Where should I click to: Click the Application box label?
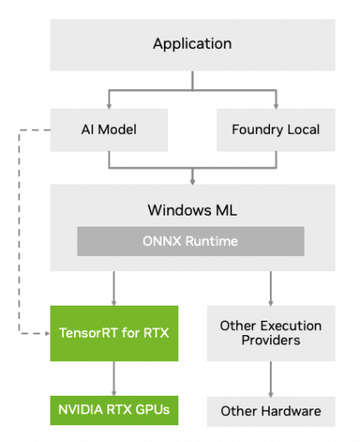click(193, 44)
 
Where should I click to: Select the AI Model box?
click(109, 130)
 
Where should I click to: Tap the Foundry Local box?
click(276, 130)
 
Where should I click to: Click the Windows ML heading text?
click(193, 210)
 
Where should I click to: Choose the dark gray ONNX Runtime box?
click(191, 242)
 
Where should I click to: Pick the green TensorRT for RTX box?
click(114, 333)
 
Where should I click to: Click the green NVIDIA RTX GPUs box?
click(114, 410)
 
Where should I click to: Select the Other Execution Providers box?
click(271, 333)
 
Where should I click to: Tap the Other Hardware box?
click(271, 412)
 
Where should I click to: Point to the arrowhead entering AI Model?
click(109, 106)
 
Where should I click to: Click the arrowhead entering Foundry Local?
click(276, 106)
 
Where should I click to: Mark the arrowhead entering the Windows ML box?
click(193, 182)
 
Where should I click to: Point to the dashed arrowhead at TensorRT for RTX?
click(48, 333)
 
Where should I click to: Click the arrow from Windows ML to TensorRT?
click(114, 289)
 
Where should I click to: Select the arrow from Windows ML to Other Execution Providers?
click(271, 289)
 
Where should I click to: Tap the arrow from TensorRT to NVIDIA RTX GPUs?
click(114, 379)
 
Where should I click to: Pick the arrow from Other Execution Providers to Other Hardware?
click(271, 379)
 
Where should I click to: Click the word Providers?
click(271, 340)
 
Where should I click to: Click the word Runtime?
click(212, 242)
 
